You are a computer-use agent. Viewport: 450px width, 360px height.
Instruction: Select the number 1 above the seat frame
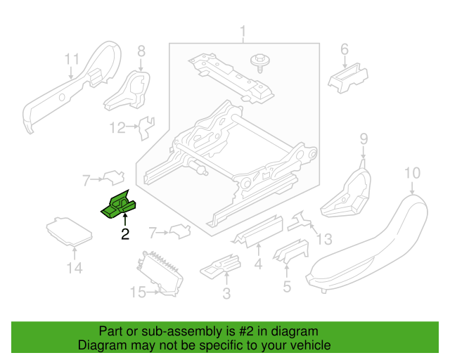[x=243, y=32]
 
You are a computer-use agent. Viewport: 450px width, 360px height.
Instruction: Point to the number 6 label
[x=345, y=49]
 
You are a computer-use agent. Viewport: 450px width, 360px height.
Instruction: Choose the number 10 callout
[x=412, y=173]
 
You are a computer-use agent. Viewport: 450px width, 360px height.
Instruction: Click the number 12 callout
[x=117, y=127]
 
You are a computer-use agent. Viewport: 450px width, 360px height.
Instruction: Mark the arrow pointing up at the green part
[x=125, y=219]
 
